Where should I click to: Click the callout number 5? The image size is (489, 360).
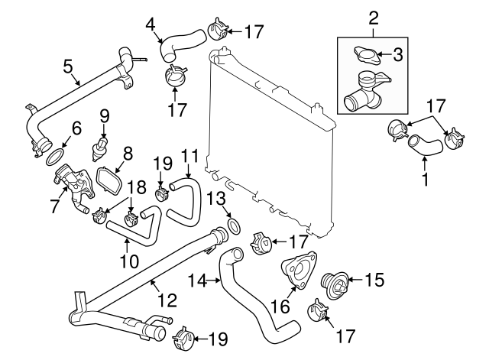pos(68,66)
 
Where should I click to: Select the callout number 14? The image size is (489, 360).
pos(196,281)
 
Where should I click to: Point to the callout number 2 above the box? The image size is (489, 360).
pos(374,16)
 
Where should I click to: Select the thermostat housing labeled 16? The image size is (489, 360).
pos(296,274)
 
